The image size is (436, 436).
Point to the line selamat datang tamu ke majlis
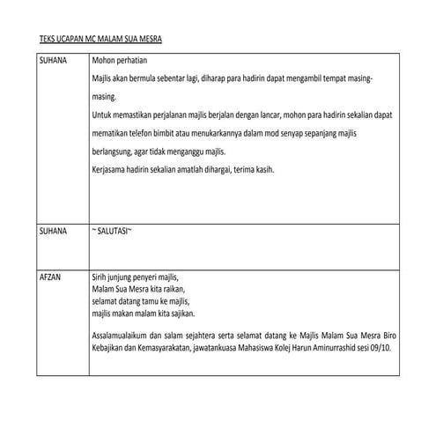pyautogui.click(x=140, y=301)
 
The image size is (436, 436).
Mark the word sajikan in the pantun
pyautogui.click(x=180, y=314)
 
